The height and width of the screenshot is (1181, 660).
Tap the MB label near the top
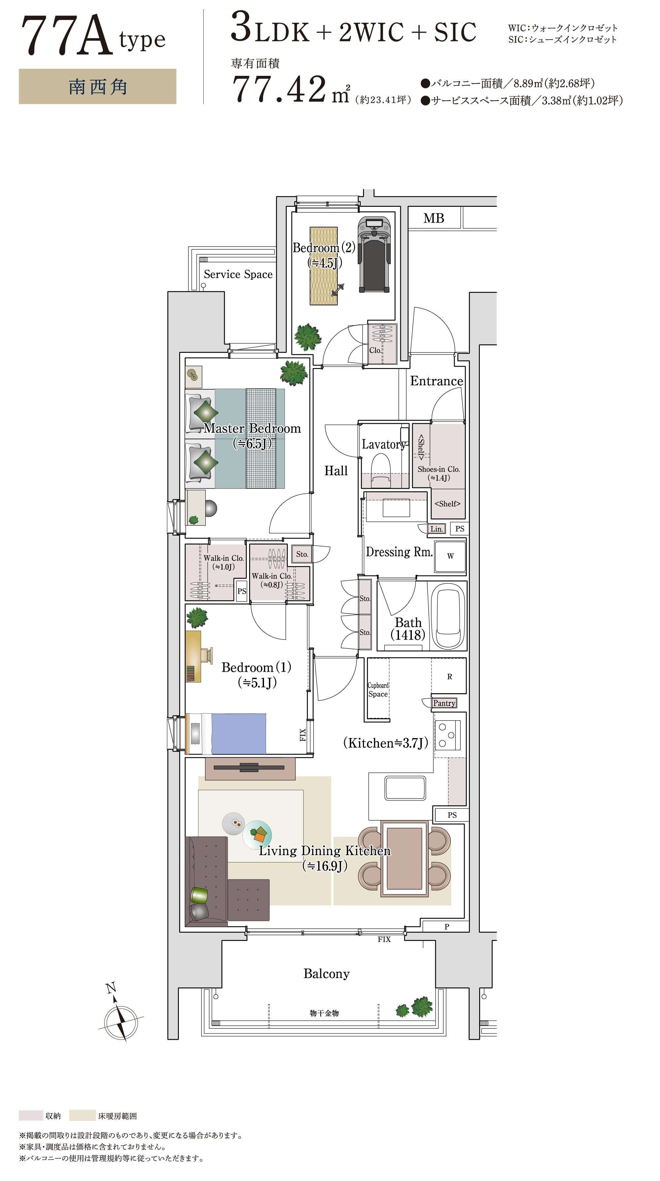[433, 218]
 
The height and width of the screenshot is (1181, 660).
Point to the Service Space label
[238, 274]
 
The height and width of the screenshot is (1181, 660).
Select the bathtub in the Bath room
[447, 615]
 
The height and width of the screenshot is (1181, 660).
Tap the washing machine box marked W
[450, 556]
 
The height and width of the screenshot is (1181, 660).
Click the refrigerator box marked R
[449, 676]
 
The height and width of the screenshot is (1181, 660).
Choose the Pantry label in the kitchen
[444, 703]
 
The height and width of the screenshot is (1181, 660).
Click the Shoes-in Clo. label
[439, 470]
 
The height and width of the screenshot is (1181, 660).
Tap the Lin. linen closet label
[437, 529]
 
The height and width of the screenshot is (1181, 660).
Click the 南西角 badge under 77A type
[98, 87]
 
